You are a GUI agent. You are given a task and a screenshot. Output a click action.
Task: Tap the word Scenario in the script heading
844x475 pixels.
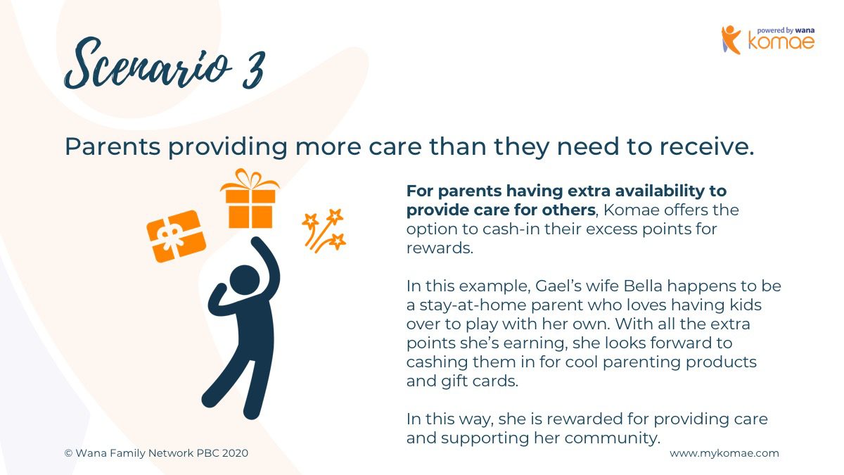pyautogui.click(x=148, y=64)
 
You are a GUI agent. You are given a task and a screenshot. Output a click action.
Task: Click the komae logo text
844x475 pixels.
pyautogui.click(x=781, y=42)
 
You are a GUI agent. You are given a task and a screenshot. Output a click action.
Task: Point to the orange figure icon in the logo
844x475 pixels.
pyautogui.click(x=731, y=39)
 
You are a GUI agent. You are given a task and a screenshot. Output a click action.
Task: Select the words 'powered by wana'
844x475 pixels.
pyautogui.click(x=786, y=30)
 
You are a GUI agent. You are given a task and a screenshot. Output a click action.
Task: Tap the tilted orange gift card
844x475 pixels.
pyautogui.click(x=177, y=236)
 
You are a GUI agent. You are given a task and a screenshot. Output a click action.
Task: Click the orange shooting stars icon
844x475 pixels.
pyautogui.click(x=324, y=230)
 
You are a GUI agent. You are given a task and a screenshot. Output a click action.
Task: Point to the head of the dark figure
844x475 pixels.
pyautogui.click(x=245, y=280)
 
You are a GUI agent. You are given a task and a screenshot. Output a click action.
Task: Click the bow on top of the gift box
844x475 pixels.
pyautogui.click(x=250, y=179)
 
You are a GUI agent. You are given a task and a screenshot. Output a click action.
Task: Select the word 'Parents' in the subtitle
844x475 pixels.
pyautogui.click(x=113, y=146)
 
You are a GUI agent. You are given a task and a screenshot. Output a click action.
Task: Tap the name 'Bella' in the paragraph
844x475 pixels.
pyautogui.click(x=643, y=286)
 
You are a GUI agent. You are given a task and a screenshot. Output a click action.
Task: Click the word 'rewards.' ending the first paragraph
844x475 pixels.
pyautogui.click(x=440, y=248)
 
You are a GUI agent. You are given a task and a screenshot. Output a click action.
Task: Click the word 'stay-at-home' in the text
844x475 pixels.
pyautogui.click(x=473, y=305)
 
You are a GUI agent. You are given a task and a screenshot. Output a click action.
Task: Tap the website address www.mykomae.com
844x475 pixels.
pyautogui.click(x=724, y=453)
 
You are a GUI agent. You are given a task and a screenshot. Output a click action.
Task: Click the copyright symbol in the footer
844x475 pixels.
pyautogui.click(x=68, y=453)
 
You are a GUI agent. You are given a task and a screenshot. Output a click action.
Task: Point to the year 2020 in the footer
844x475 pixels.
pyautogui.click(x=235, y=453)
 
